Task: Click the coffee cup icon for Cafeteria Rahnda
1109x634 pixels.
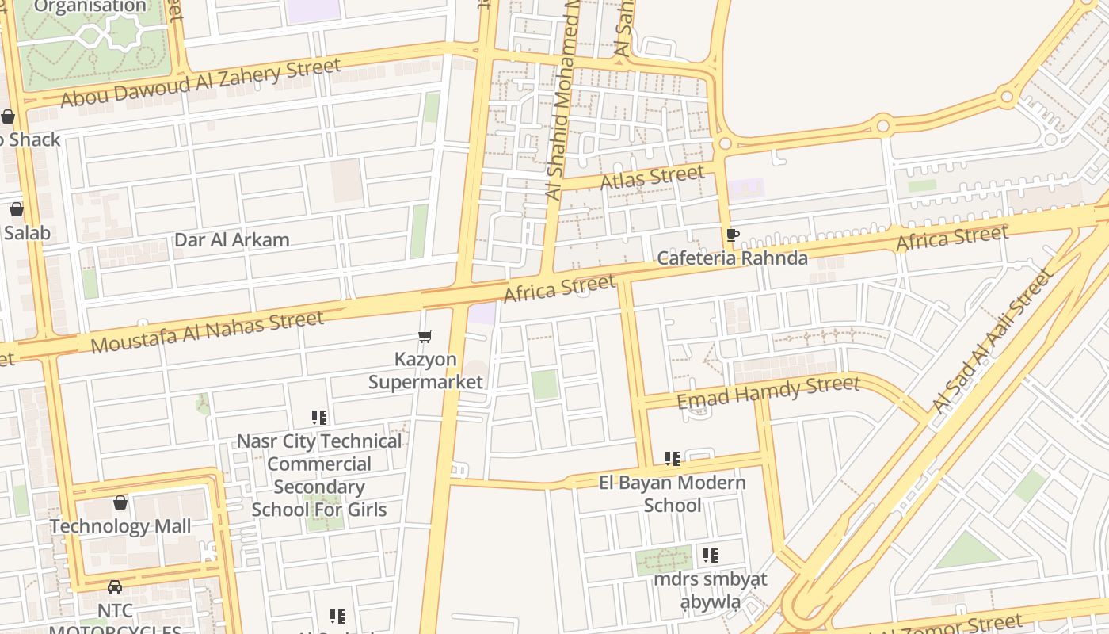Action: pyautogui.click(x=732, y=235)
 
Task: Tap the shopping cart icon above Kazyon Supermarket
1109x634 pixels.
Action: pyautogui.click(x=425, y=337)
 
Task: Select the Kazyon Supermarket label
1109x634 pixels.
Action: pyautogui.click(x=425, y=370)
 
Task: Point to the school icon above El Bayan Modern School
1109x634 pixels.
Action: pyautogui.click(x=673, y=459)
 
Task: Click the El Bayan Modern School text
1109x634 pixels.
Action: pyautogui.click(x=672, y=494)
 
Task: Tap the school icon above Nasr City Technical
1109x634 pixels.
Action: pyautogui.click(x=319, y=418)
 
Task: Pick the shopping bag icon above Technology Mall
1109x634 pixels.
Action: pyautogui.click(x=120, y=502)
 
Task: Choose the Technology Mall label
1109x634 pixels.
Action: pyautogui.click(x=120, y=526)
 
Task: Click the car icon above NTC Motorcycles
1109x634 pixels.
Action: pyautogui.click(x=115, y=587)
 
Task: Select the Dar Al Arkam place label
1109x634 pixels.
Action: pyautogui.click(x=232, y=240)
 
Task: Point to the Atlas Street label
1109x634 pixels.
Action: pyautogui.click(x=652, y=178)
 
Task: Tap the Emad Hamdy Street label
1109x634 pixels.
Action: pyautogui.click(x=768, y=392)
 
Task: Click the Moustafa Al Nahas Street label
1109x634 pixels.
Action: pyautogui.click(x=208, y=331)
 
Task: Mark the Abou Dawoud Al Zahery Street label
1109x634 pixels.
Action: pyautogui.click(x=200, y=82)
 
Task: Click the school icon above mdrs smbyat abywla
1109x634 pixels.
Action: pyautogui.click(x=711, y=556)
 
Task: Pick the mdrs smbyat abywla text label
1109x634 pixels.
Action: pyautogui.click(x=711, y=590)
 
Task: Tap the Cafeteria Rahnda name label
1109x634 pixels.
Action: pyautogui.click(x=733, y=258)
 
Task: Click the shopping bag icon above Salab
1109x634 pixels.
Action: pyautogui.click(x=17, y=210)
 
